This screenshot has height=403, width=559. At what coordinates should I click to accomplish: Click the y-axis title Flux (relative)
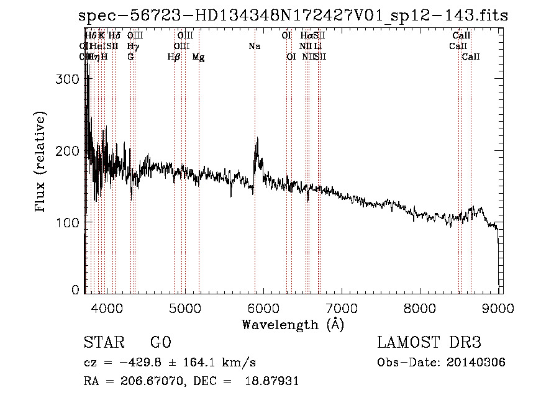[x=41, y=163]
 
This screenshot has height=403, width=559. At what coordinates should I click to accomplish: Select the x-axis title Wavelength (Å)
[x=293, y=324]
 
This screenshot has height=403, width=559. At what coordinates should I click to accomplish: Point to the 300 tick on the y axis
[x=70, y=79]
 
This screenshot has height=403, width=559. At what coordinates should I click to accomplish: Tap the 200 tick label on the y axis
[x=70, y=151]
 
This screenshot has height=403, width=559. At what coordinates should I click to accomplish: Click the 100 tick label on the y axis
[x=70, y=222]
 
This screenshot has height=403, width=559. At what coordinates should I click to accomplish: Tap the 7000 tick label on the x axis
[x=342, y=307]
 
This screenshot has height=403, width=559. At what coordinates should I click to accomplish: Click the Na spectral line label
[x=254, y=47]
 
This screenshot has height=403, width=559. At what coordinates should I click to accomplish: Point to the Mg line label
[x=198, y=57]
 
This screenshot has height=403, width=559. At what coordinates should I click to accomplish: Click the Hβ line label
[x=174, y=57]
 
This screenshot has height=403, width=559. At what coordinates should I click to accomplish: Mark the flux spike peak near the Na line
[x=257, y=139]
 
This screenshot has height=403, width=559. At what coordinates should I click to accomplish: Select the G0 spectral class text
[x=160, y=343]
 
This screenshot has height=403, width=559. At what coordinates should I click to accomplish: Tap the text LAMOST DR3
[x=429, y=343]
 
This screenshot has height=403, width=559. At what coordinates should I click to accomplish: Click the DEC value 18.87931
[x=273, y=381]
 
